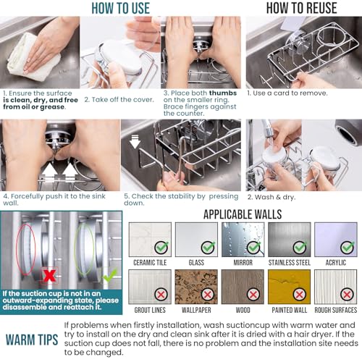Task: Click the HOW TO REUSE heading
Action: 301,8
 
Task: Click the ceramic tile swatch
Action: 150,240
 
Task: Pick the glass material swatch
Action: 196,240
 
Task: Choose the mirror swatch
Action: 243,240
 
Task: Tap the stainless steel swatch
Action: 290,240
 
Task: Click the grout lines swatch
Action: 150,287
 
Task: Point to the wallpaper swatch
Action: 196,287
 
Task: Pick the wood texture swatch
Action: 243,287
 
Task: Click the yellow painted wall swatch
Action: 290,287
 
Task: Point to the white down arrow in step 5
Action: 135,141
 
